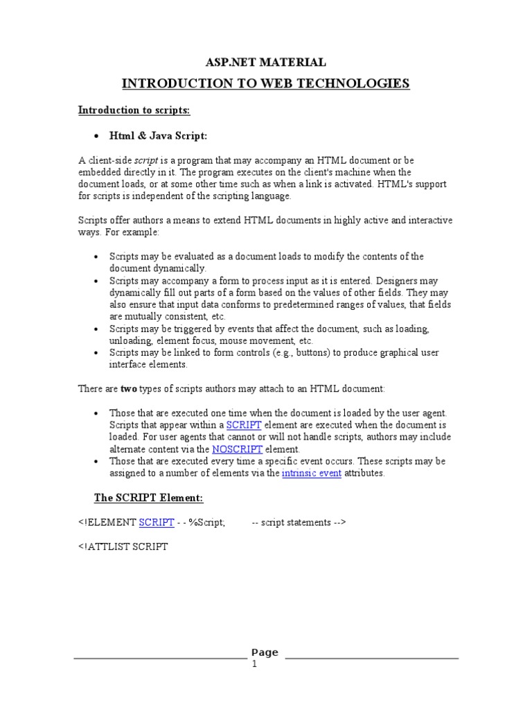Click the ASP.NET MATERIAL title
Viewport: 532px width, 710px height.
pos(266,62)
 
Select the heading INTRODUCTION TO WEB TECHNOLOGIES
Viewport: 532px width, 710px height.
pos(266,84)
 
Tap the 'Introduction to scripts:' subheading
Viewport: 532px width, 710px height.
pos(134,110)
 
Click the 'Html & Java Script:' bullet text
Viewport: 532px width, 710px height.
pos(159,135)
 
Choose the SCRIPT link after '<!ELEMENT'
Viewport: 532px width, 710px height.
pos(156,522)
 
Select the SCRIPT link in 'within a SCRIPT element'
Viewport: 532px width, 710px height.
pos(243,425)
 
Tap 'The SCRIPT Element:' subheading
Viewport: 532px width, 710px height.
pos(148,498)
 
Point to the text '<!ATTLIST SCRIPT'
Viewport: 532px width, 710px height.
pos(123,546)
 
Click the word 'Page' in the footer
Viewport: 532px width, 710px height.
pos(265,652)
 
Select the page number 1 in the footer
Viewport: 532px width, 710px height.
pos(254,664)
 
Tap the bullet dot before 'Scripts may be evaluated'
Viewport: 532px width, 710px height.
pos(96,257)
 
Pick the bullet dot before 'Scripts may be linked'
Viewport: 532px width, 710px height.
pos(96,353)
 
